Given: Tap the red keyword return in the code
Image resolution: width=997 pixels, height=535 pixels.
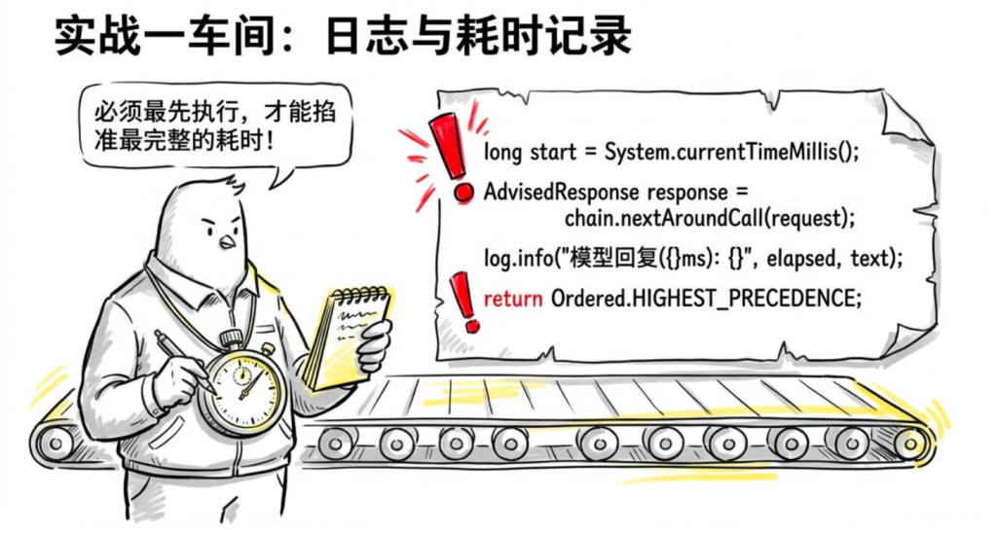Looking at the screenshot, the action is click(513, 298).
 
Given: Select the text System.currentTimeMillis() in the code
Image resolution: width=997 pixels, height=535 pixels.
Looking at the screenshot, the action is click(731, 153).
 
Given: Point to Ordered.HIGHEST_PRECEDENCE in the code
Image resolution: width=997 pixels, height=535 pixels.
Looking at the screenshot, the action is click(705, 298).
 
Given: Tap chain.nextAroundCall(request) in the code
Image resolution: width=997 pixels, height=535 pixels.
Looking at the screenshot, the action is click(709, 219).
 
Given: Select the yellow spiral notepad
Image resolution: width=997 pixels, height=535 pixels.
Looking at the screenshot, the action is click(347, 337).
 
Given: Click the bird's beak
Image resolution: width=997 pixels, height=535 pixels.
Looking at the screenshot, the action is click(227, 242).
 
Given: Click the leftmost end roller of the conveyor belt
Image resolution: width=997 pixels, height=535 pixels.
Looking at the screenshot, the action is click(55, 443).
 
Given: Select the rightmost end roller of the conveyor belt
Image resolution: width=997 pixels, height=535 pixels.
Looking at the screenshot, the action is click(912, 443).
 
